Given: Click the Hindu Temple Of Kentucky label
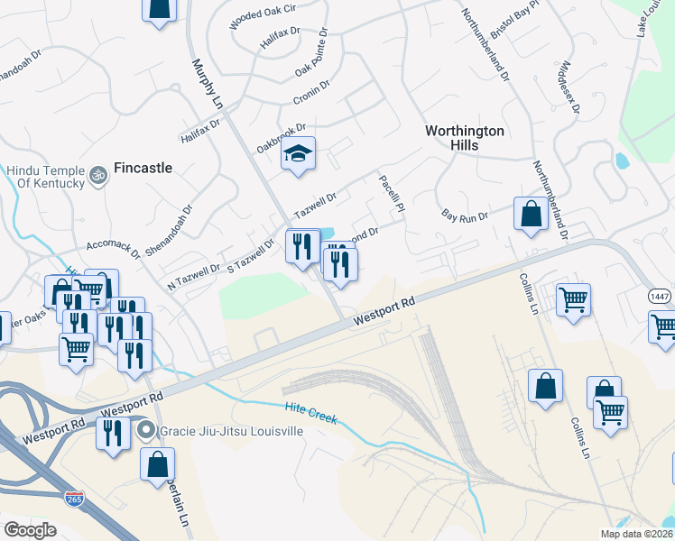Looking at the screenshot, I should (x=42, y=176).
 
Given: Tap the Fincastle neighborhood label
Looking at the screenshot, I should (x=143, y=168).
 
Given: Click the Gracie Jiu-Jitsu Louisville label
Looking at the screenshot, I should (x=231, y=431).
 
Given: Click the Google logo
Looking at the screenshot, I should (x=31, y=529).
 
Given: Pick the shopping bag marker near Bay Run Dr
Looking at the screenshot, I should (x=531, y=215).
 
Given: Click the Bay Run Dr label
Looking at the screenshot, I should (x=465, y=216).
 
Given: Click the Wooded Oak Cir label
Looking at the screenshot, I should (x=263, y=16).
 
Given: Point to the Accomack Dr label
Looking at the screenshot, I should (x=114, y=249).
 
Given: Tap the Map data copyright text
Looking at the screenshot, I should (x=637, y=534).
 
